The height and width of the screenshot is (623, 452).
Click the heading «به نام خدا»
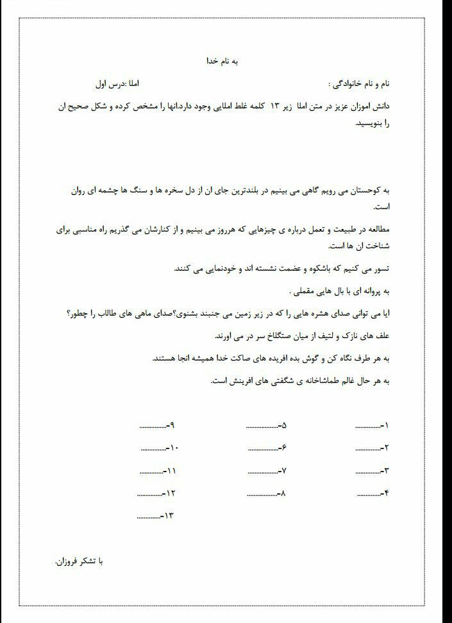tap(226, 61)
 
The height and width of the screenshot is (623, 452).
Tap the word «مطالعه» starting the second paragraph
tap(374, 229)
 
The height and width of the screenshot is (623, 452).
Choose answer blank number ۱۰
tap(152, 448)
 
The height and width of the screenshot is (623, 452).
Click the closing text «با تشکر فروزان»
tap(79, 561)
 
